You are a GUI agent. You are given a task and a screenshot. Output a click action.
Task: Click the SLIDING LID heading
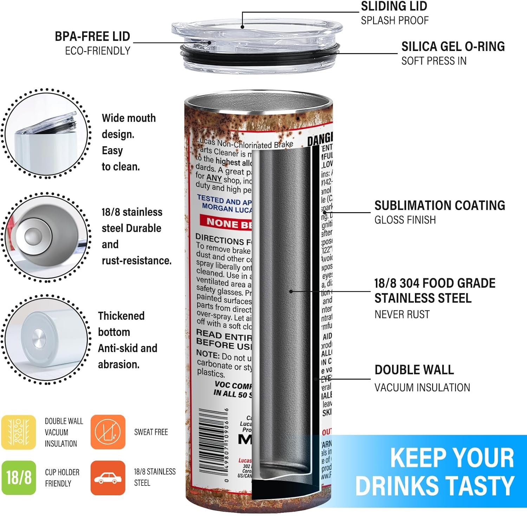(x=394, y=6)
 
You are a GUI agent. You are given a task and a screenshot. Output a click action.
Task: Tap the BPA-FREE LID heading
(x=92, y=37)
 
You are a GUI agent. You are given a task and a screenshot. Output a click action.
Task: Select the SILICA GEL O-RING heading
(x=453, y=47)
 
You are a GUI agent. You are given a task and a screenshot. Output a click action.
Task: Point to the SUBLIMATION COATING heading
(x=440, y=205)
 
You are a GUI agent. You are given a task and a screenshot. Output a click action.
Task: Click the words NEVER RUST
(x=402, y=314)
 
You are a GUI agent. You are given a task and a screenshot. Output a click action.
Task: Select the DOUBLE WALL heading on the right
(x=414, y=370)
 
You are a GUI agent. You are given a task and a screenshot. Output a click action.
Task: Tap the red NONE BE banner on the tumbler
(x=227, y=223)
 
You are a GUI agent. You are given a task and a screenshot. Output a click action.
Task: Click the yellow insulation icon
(x=19, y=432)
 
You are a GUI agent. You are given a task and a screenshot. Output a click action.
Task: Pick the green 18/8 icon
(x=19, y=478)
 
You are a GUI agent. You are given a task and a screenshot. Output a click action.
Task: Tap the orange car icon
(x=108, y=478)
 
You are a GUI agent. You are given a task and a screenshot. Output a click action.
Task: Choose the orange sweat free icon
(x=108, y=432)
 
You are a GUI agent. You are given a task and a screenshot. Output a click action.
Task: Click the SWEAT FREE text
(x=151, y=432)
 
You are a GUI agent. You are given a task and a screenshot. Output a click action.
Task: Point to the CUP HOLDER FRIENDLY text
(x=62, y=478)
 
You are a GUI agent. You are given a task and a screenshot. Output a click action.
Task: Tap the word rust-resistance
(x=137, y=261)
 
